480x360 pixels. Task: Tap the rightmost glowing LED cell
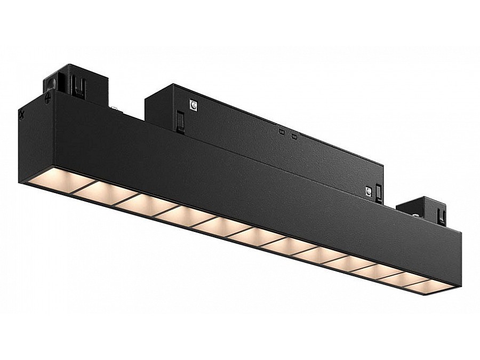click(433, 286)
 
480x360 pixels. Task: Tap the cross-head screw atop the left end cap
click(49, 98)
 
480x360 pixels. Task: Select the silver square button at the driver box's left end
click(193, 106)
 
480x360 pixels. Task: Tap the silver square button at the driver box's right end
click(368, 190)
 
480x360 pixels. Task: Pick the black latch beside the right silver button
click(379, 193)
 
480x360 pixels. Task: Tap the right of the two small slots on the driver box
click(294, 137)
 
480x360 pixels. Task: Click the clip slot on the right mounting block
click(441, 216)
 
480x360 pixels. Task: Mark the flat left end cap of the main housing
click(36, 139)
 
